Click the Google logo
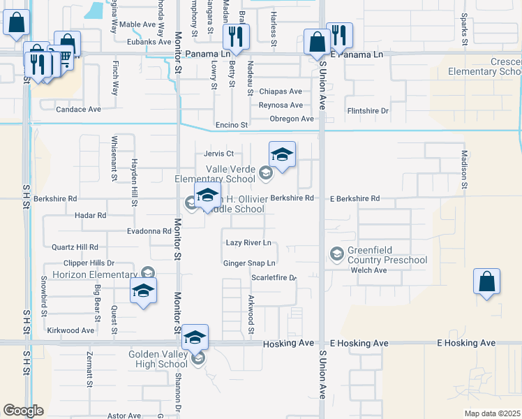[x=23, y=411]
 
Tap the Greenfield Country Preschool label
[x=389, y=256]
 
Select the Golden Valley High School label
[x=158, y=359]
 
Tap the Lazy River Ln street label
[x=248, y=243]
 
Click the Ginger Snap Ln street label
[x=249, y=263]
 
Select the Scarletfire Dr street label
[x=274, y=278]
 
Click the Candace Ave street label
[x=79, y=110]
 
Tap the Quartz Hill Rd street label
[x=75, y=247]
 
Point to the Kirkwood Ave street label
[x=70, y=330]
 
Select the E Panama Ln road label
[x=357, y=54]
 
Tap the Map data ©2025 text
[x=492, y=413]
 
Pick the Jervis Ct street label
[x=218, y=154]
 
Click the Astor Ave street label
[x=124, y=416]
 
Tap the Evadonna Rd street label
[x=149, y=231]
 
